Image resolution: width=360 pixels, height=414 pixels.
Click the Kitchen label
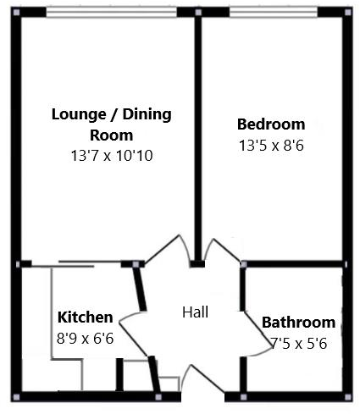tap(85, 317)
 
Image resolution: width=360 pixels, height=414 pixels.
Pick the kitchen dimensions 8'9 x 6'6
tap(85, 335)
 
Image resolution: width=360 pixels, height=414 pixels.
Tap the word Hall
tap(195, 312)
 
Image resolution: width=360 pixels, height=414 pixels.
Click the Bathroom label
tap(298, 323)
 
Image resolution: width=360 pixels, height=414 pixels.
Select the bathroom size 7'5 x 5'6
tap(298, 343)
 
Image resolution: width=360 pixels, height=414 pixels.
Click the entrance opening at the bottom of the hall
tap(203, 394)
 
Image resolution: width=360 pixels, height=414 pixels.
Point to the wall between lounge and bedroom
tap(197, 135)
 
